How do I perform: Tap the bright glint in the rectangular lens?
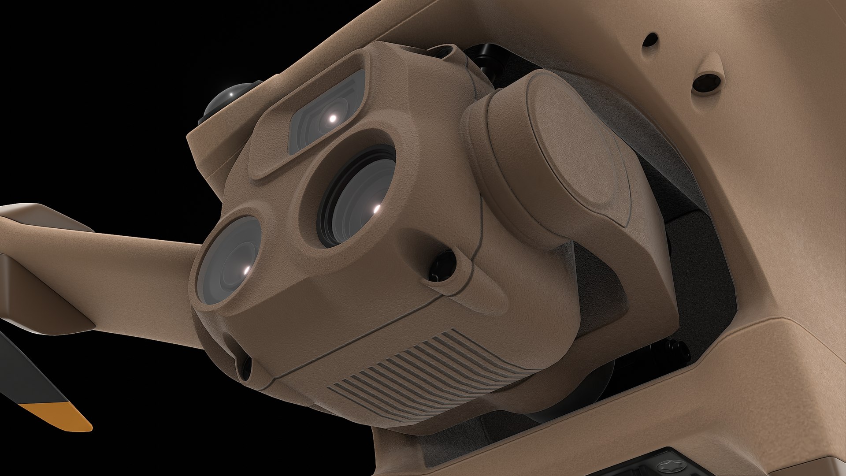333,118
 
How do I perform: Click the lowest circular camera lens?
229,260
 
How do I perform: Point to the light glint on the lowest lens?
247,269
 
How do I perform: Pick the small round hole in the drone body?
650,41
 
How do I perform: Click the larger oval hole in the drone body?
707,82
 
